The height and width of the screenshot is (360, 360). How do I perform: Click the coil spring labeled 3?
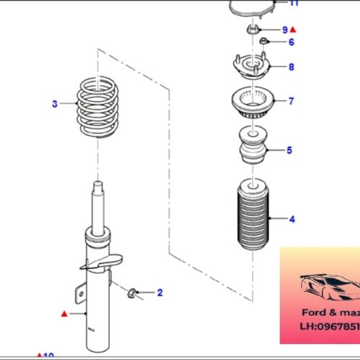(97, 108)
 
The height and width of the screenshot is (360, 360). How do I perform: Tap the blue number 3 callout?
(54, 104)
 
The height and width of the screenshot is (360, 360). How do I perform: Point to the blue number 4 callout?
(291, 218)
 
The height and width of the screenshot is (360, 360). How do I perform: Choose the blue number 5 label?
(289, 151)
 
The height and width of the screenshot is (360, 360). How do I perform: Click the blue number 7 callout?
(291, 101)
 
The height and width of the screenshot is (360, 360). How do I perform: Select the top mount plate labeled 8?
(250, 67)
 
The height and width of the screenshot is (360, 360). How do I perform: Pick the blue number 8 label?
(291, 67)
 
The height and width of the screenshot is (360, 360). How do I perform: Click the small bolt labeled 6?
(265, 41)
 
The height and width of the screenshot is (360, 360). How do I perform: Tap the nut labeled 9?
(252, 30)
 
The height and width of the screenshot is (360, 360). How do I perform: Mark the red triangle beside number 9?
(293, 30)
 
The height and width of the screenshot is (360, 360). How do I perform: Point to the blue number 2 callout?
(160, 293)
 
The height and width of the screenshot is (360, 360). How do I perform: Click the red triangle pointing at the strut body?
(64, 314)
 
